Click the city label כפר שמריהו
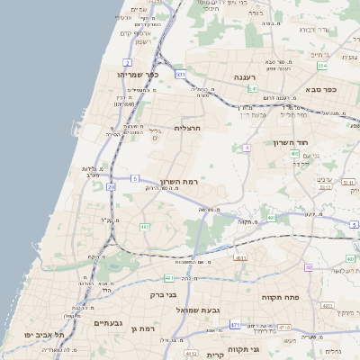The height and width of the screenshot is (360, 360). point(139,75)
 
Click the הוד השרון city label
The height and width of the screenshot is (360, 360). point(292,142)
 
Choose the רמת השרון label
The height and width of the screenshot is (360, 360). point(179,183)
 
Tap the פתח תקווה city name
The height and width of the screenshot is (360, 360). point(279,296)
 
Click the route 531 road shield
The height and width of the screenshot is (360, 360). point(181,75)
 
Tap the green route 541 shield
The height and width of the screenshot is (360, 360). point(254,90)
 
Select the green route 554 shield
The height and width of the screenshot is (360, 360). point(322,66)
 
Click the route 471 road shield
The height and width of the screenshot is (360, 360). point(235,324)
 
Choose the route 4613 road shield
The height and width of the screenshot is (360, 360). point(240,258)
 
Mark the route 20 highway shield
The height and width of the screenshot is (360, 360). point(111,185)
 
